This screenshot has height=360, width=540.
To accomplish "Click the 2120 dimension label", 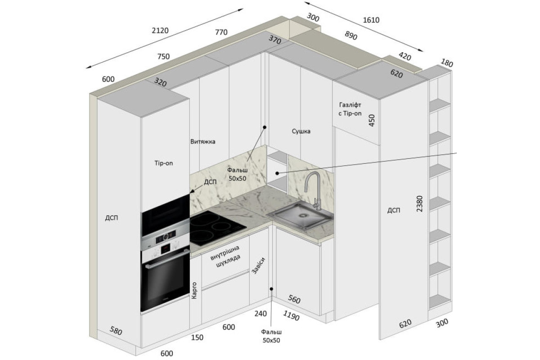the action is pos(160,31).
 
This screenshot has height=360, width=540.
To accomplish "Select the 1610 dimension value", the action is pos(371,20).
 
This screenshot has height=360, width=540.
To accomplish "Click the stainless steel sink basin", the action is pos(300,215).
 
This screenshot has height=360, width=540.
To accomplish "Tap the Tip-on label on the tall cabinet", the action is pos(164,163).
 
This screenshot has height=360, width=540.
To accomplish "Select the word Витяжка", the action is pos(203,142).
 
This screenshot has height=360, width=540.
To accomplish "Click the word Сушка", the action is pos(301,131).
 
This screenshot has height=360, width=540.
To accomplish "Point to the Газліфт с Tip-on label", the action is pos(350,109).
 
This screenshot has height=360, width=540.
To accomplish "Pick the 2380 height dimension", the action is pos(419,204).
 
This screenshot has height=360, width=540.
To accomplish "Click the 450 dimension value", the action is pos(372,120).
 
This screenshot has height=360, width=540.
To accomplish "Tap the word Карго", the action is pos(194,291).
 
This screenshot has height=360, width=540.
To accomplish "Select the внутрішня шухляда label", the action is pos(225,256).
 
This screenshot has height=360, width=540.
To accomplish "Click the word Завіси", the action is pos(258,265).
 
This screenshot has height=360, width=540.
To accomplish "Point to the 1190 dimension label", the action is pos(291,315).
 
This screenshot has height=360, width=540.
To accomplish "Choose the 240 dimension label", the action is pos(261,314).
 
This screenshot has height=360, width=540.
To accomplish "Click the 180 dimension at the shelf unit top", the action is pos(447,63).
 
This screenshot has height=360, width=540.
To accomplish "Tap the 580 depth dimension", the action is pos(116,331).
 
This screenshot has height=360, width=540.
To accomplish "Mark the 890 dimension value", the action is pos(351,36).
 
